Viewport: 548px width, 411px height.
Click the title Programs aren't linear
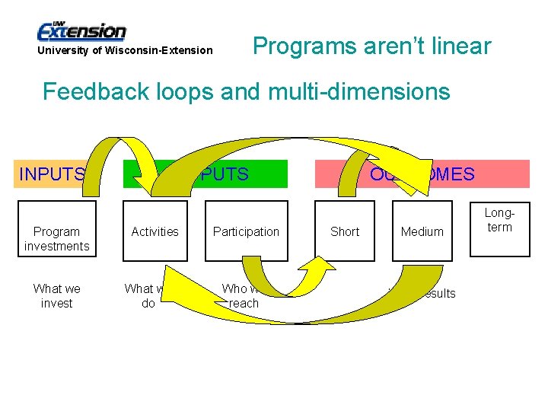click(371, 46)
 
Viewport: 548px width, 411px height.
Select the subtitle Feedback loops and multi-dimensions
click(246, 92)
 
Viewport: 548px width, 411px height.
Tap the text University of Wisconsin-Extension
click(125, 50)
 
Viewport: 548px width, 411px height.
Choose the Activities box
click(155, 231)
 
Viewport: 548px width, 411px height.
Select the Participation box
click(246, 231)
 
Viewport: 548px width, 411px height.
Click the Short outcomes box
click(345, 231)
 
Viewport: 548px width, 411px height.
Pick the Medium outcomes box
click(422, 231)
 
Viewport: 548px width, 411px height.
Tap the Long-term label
click(499, 221)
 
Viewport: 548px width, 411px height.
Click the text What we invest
click(56, 295)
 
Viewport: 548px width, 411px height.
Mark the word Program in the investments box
click(56, 231)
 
